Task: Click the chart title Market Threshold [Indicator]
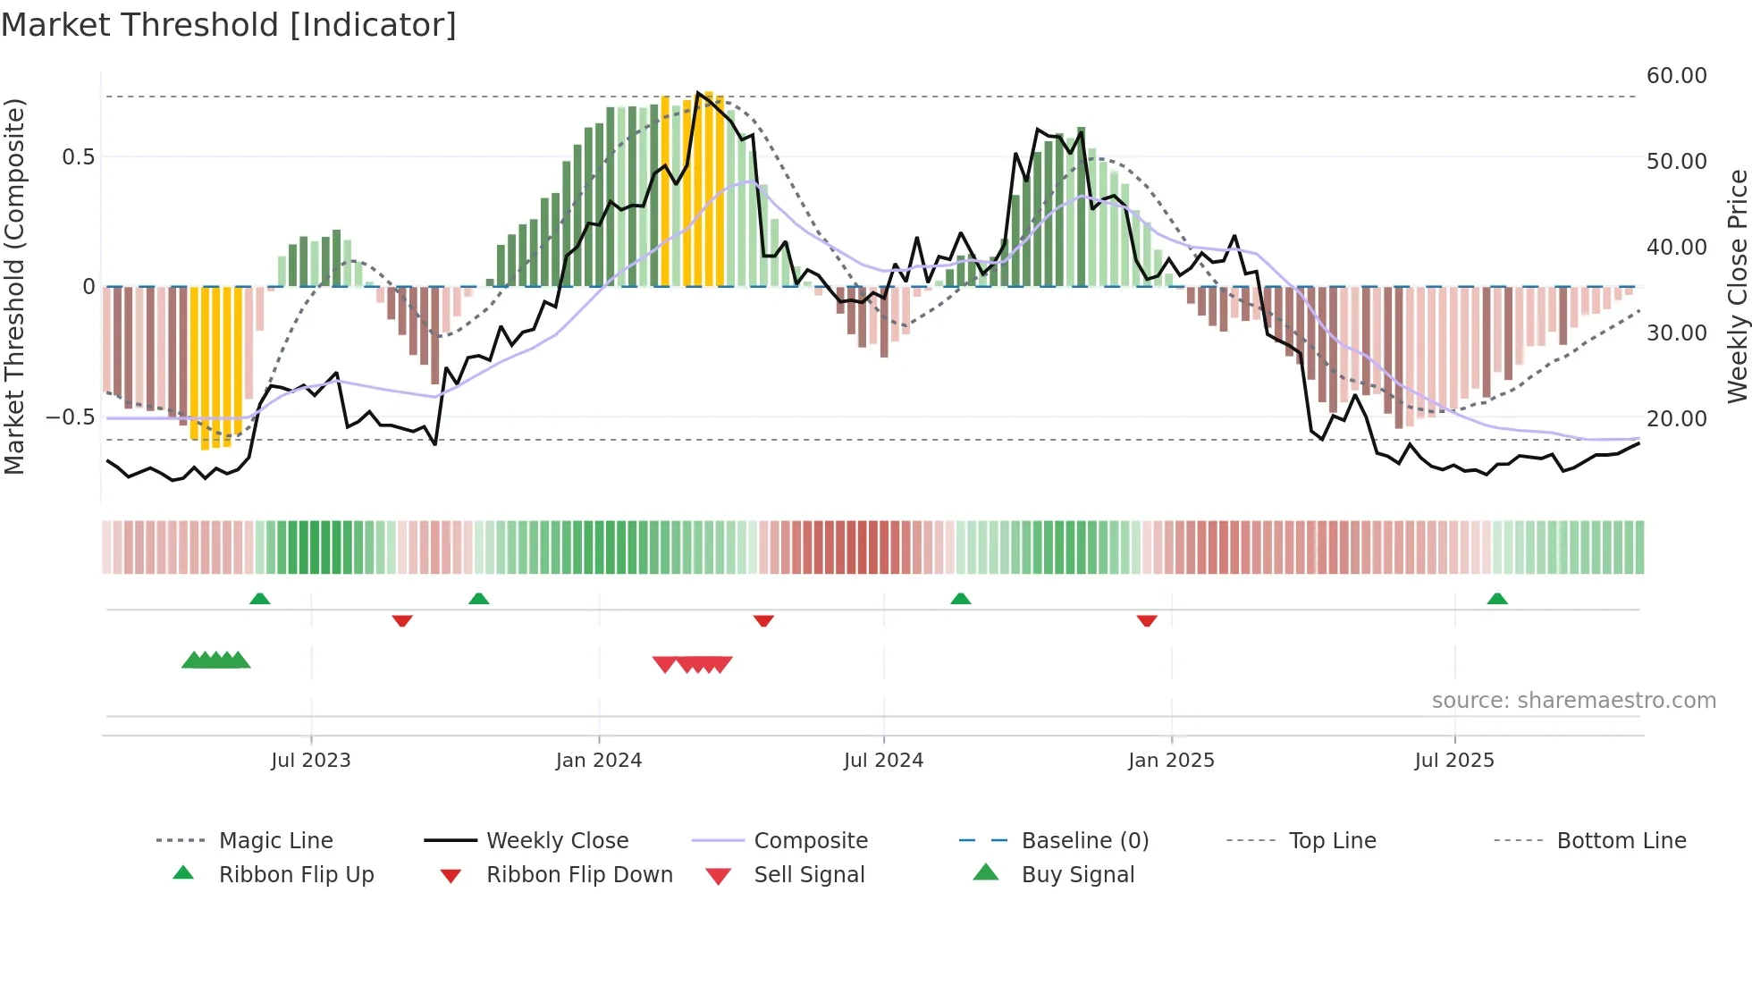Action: tap(229, 25)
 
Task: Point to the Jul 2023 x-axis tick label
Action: tap(310, 761)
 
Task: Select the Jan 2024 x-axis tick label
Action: tap(598, 761)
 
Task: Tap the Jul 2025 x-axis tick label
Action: tap(1453, 761)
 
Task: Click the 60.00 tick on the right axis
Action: tap(1676, 76)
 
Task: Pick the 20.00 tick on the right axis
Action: tap(1676, 418)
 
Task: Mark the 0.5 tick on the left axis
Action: tap(78, 157)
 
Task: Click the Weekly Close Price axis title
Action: tap(1736, 286)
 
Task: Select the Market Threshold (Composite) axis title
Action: tap(14, 286)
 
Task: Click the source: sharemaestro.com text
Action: tap(1573, 701)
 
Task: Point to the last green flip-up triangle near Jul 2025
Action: tap(1497, 599)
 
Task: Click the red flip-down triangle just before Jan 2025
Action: tap(1147, 620)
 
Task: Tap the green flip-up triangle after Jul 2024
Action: tap(960, 599)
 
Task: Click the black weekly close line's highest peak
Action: tap(698, 93)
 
